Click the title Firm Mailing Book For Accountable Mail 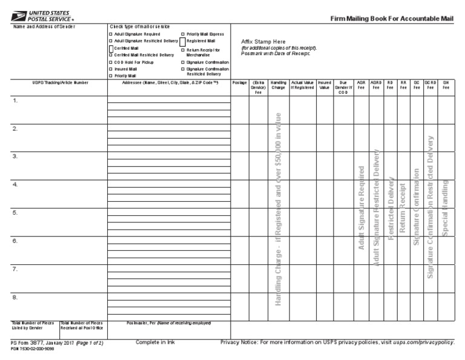click(392, 19)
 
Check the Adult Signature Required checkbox click(110, 35)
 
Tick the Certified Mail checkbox click(111, 48)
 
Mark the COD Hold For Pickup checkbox click(110, 62)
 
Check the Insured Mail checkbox click(110, 69)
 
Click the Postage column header click(240, 82)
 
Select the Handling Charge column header click(279, 84)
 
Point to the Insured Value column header click(325, 84)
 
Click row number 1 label click(15, 101)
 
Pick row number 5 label click(15, 213)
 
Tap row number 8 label click(15, 297)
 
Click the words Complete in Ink click(155, 342)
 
